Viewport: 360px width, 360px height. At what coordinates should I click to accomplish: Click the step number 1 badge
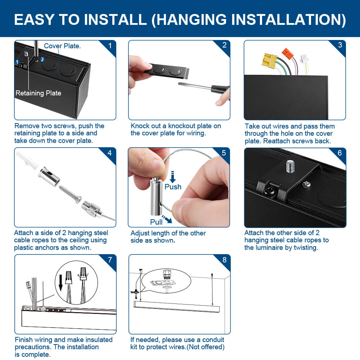[110, 46]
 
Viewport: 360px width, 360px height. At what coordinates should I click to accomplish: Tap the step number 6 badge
[339, 153]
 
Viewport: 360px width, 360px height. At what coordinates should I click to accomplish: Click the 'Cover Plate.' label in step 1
[62, 46]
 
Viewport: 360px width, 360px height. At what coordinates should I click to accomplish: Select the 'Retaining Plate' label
[38, 93]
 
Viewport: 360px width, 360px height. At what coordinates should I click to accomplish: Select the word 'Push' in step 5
[173, 187]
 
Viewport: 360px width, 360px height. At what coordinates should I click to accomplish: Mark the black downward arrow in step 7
[60, 282]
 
